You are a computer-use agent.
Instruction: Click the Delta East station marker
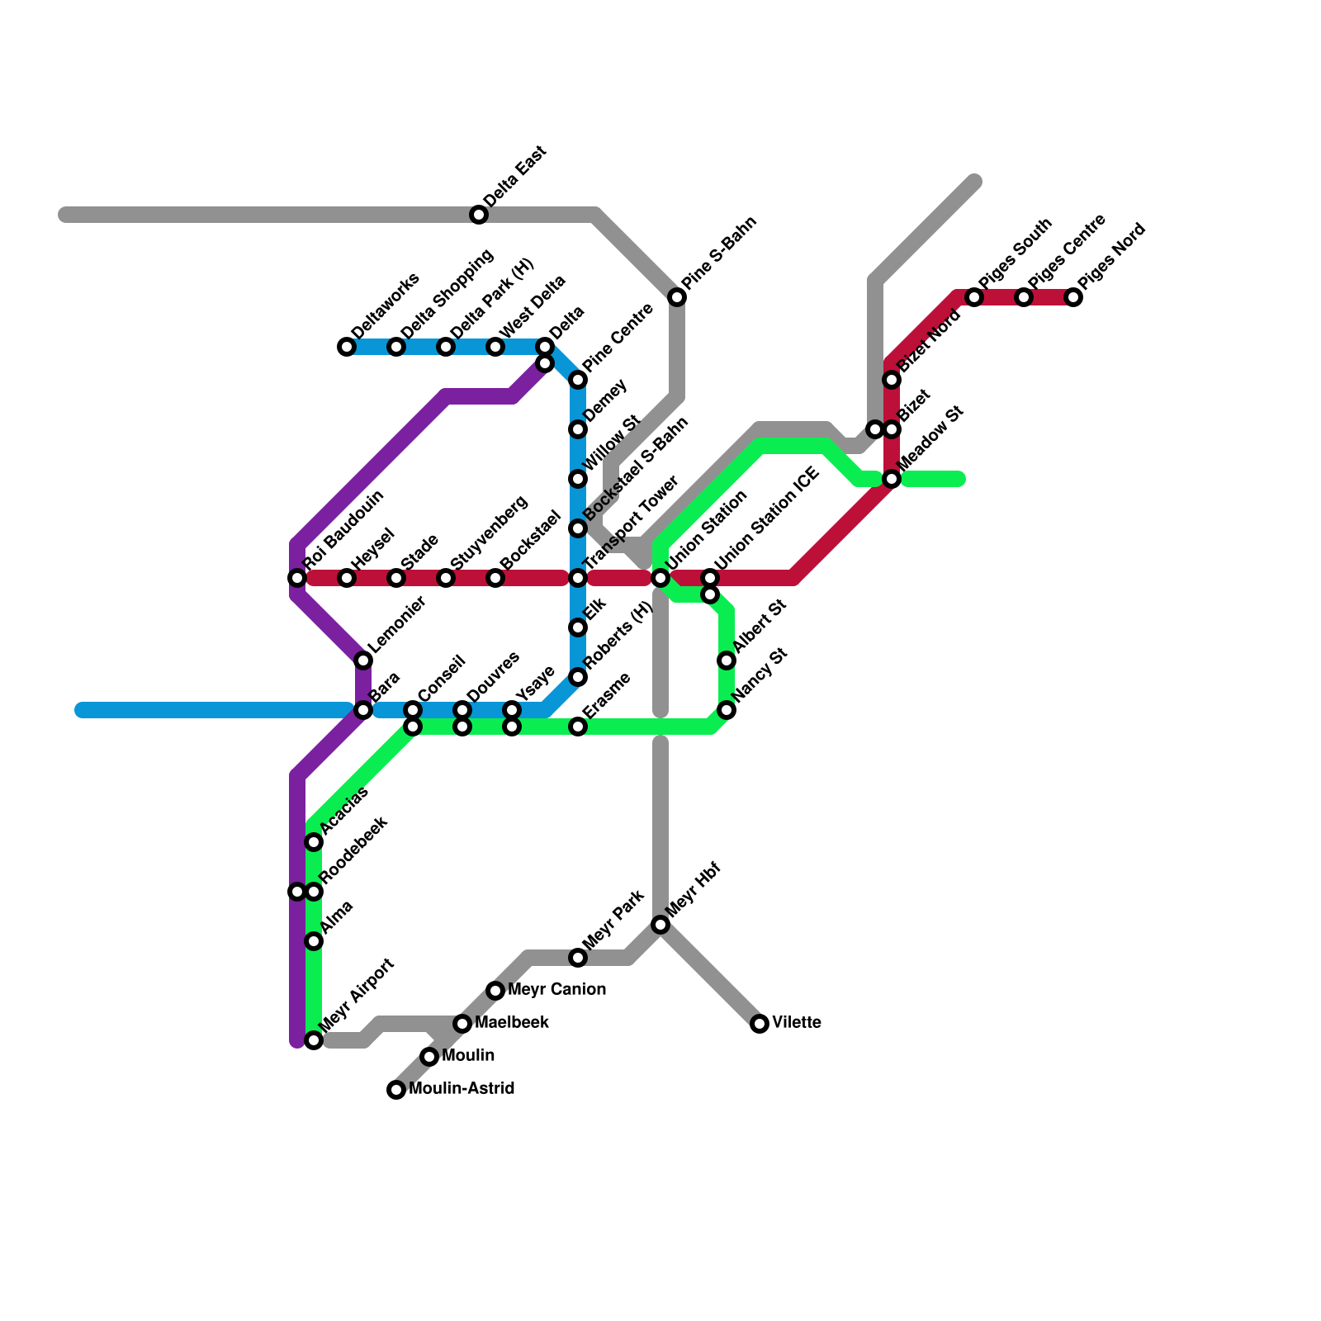pos(479,215)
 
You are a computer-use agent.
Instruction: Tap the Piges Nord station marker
pos(1073,297)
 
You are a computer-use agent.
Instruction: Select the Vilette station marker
pos(760,1024)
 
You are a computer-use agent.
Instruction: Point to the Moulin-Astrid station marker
pos(396,1090)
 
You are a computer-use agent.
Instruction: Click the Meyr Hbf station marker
pos(660,925)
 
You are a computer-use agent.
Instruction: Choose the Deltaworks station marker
pos(347,347)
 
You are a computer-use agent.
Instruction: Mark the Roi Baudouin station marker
pos(297,578)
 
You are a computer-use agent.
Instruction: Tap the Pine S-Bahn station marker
pos(677,297)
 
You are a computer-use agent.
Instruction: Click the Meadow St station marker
pos(892,479)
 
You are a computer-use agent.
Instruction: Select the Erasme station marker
pos(578,727)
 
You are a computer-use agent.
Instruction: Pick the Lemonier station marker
pos(363,660)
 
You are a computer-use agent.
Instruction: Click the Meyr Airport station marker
pos(314,1040)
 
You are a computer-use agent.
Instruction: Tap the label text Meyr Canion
pos(556,990)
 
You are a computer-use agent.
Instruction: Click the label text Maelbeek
pos(512,1023)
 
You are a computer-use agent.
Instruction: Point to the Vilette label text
pos(797,1023)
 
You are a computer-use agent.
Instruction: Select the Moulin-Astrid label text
pos(462,1089)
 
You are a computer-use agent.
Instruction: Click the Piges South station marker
pos(974,297)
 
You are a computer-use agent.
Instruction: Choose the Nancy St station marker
pos(727,710)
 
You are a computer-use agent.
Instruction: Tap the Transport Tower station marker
pos(578,578)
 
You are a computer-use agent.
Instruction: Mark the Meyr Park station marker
pos(578,958)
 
